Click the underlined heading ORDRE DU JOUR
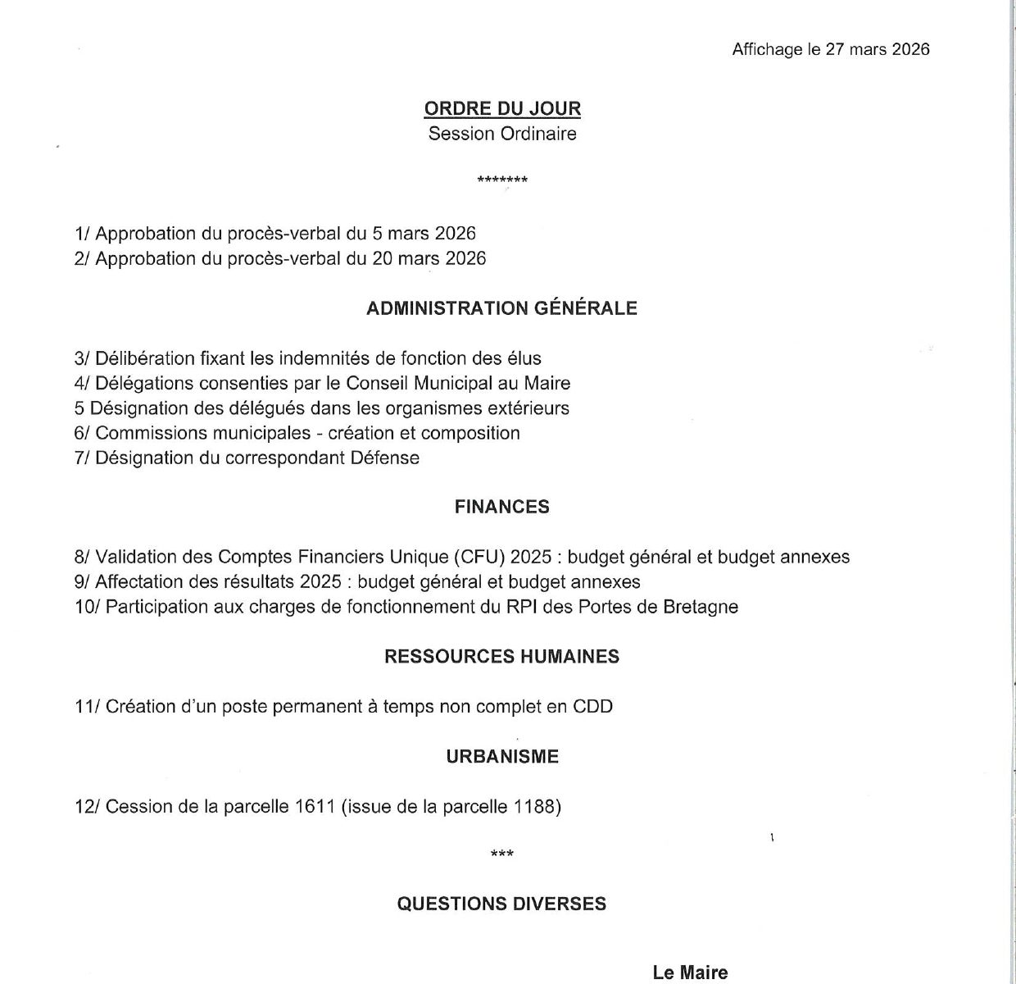point(502,108)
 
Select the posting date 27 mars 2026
point(878,49)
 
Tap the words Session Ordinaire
point(502,134)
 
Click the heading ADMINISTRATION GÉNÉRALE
point(501,308)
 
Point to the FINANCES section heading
point(501,507)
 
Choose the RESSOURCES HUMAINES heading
point(501,657)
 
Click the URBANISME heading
point(502,757)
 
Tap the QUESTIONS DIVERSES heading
point(501,904)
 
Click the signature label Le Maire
point(690,973)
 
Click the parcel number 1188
point(537,807)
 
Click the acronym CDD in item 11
point(592,707)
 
